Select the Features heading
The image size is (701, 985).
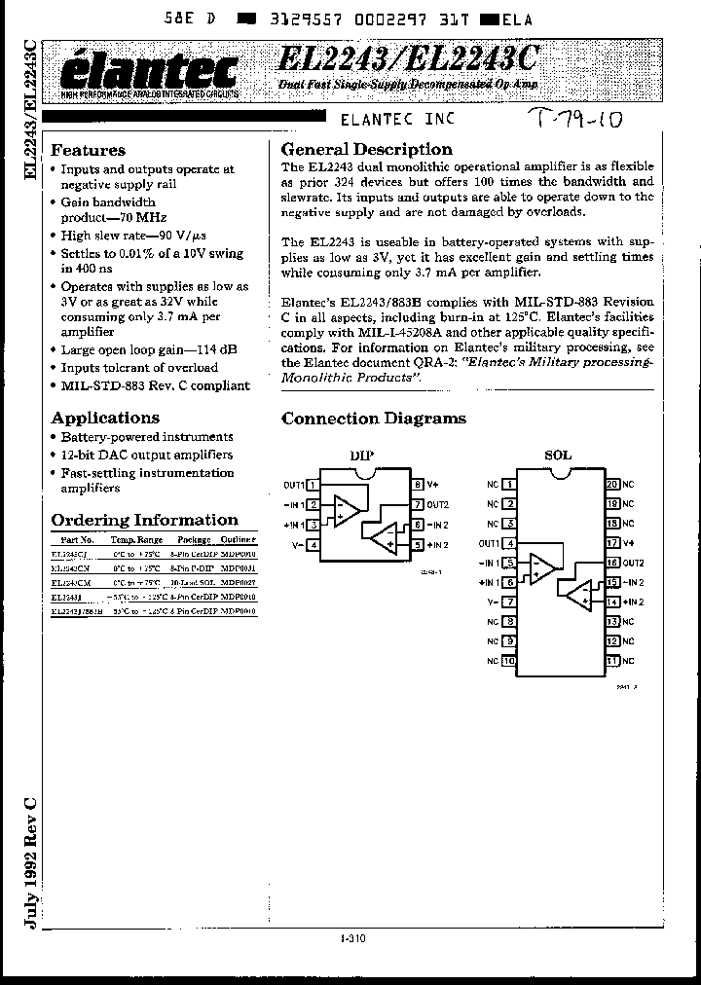(88, 150)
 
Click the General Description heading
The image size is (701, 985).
(366, 149)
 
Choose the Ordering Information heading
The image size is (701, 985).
(144, 520)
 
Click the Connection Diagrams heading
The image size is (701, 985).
(373, 419)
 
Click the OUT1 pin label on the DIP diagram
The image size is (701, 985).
(294, 484)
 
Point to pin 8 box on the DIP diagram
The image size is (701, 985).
(417, 484)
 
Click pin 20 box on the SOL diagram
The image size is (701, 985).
(611, 484)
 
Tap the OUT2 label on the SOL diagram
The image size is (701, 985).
(633, 563)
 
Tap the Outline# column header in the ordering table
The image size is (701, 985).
(239, 538)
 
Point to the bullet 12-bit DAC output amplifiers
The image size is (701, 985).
(146, 455)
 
